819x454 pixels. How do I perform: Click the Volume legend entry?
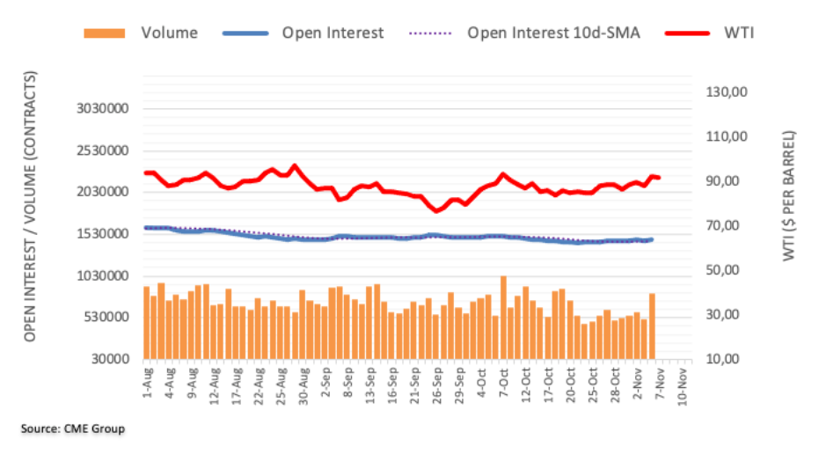168,33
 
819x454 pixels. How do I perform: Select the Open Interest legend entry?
332,33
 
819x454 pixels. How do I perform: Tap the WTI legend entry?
741,33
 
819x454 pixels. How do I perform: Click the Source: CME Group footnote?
73,429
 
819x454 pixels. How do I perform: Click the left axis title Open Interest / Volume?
30,208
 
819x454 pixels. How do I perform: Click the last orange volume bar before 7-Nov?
653,326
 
